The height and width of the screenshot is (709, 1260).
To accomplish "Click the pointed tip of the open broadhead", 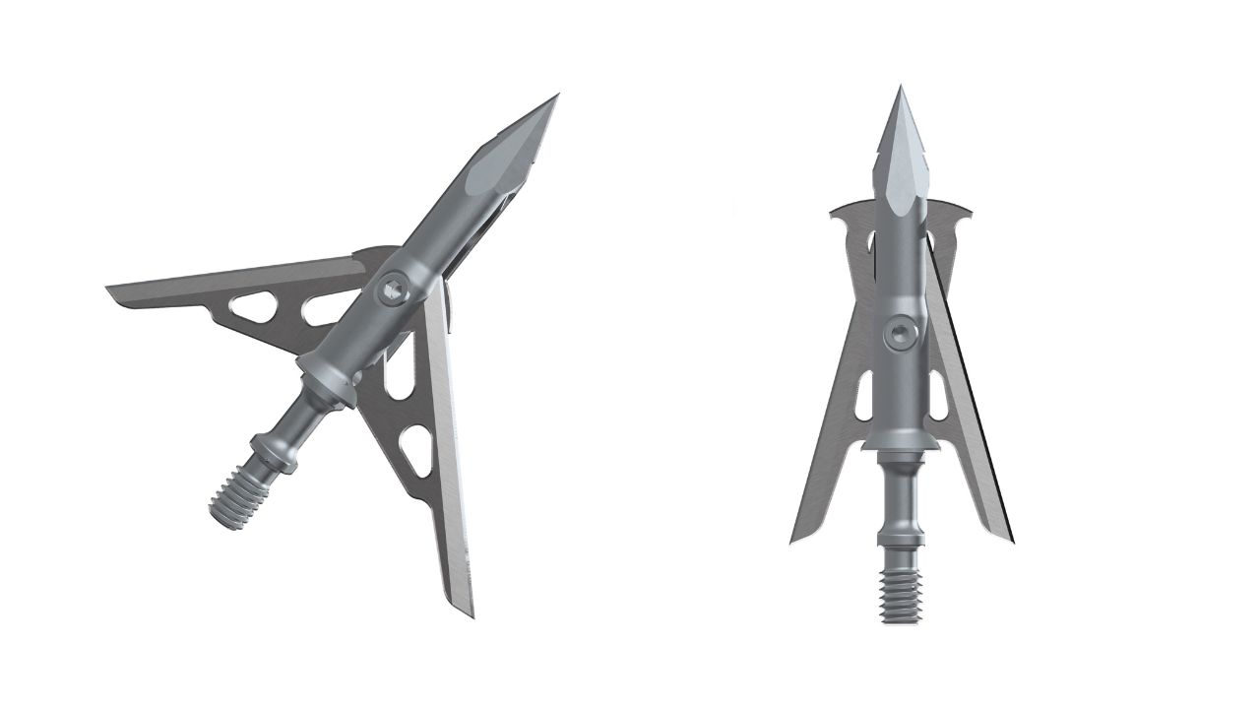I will point(556,97).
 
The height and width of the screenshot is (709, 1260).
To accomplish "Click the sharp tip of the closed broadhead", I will point(900,89).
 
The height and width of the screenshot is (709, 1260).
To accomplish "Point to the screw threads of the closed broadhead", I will point(900,596).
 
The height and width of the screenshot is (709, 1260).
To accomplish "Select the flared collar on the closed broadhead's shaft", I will point(900,444).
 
